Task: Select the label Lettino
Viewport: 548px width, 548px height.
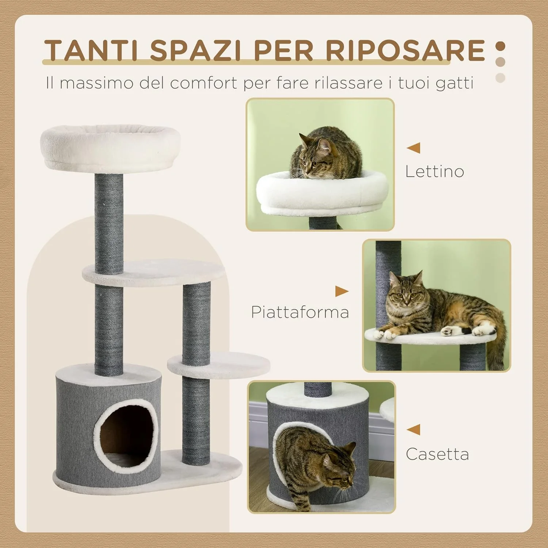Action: [434, 171]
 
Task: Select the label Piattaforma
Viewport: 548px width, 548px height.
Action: [300, 312]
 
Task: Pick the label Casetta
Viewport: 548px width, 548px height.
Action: [437, 454]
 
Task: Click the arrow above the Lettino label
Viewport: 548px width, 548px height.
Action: [414, 148]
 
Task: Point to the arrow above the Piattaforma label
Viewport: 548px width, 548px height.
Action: [342, 291]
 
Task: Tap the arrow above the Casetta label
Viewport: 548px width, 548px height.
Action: [414, 430]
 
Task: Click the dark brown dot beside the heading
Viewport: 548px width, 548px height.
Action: [500, 47]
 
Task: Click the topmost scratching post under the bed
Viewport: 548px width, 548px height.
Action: [109, 223]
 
